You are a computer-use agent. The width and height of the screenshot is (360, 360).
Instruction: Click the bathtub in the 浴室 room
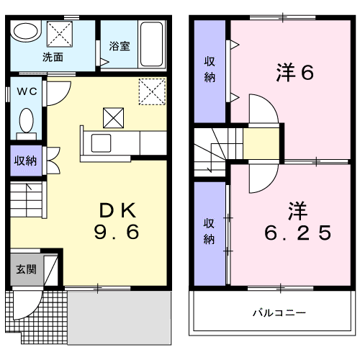pos(151,44)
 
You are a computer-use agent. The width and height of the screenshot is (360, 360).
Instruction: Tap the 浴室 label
pos(120,46)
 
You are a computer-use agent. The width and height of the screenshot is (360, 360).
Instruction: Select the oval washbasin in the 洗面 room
pos(25,31)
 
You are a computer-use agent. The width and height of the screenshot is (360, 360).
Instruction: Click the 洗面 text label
pos(53,57)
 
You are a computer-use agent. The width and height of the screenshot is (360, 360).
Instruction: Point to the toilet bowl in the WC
pos(26,120)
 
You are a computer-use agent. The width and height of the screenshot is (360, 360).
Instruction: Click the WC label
pos(27,91)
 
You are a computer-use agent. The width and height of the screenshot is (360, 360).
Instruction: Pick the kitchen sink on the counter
pos(101,143)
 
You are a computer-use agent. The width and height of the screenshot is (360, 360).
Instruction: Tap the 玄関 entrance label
pos(26,269)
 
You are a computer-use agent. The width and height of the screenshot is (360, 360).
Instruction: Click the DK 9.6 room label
pos(117,221)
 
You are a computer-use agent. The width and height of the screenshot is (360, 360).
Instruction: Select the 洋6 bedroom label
pos(295,72)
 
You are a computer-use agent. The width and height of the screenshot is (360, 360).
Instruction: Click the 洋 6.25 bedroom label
pos(298,221)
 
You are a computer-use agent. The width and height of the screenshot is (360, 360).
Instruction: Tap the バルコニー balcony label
pos(279,312)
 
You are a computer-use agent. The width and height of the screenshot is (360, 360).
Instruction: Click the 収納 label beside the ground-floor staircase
pos(25,161)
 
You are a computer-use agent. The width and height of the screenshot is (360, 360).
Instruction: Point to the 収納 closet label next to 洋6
pos(210,69)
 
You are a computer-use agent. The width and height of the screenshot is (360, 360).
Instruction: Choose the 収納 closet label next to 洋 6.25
pos(209,231)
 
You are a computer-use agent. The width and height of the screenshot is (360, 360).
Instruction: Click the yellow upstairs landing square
pos(261,143)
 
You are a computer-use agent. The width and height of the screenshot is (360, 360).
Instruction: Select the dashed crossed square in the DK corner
pos(152,91)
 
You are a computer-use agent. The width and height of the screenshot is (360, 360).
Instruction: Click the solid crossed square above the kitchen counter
pos(114,118)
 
